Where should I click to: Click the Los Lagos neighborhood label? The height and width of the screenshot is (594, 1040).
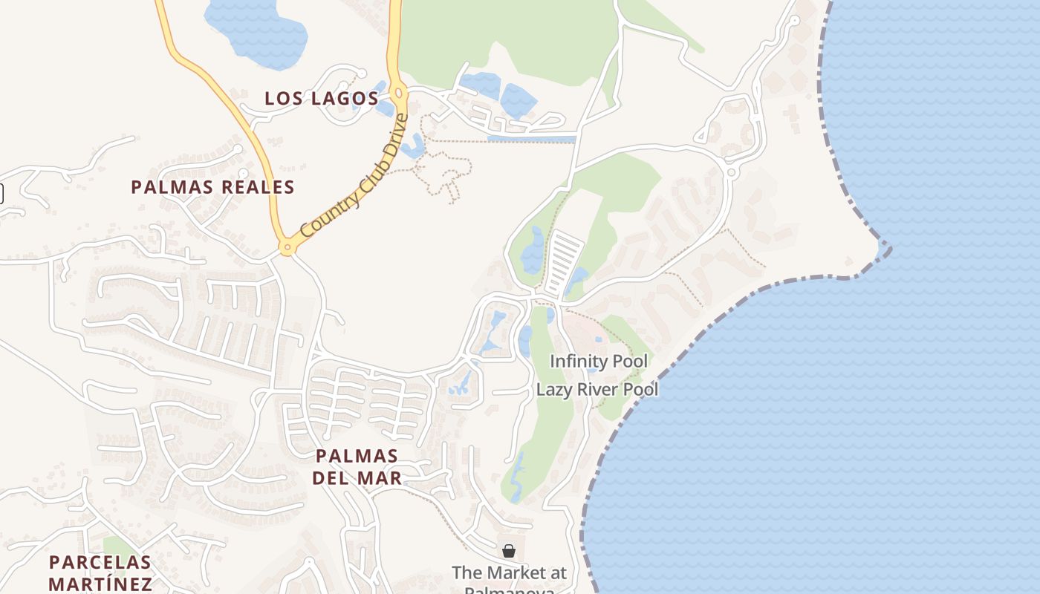[x=322, y=98]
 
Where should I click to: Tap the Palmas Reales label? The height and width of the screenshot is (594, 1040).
[x=213, y=187]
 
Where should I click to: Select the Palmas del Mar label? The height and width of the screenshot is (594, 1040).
[x=357, y=466]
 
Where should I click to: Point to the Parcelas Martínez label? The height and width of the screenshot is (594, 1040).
[x=100, y=572]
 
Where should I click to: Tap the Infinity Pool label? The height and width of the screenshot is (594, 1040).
[x=599, y=362]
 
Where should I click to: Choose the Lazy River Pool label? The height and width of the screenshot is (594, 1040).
[x=597, y=389]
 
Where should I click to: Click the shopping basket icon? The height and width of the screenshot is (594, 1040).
[x=509, y=551]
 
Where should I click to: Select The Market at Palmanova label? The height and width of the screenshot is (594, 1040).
[x=510, y=573]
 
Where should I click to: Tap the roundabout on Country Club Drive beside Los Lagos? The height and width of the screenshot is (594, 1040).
[x=400, y=94]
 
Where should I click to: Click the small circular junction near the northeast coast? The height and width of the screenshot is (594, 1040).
[x=732, y=172]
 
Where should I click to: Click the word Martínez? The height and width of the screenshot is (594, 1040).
[x=100, y=583]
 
